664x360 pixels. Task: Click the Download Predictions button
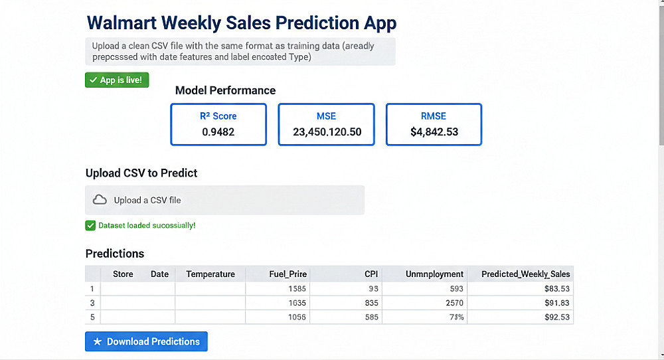click(146, 341)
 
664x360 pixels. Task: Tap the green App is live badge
click(118, 80)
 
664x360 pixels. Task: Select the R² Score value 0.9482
click(218, 132)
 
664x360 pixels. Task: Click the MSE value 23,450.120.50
click(327, 132)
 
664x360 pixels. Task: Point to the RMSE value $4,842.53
click(434, 132)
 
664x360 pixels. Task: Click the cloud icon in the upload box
click(100, 200)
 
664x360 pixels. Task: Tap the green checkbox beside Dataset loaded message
click(90, 226)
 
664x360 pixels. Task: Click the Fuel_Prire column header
click(288, 274)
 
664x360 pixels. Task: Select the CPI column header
click(371, 274)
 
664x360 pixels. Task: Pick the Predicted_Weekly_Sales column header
click(525, 274)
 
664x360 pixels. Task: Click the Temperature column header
click(210, 274)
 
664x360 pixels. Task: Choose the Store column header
click(123, 274)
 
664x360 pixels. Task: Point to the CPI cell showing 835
click(371, 303)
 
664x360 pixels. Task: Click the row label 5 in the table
click(92, 317)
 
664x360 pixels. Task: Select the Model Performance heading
click(225, 90)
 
